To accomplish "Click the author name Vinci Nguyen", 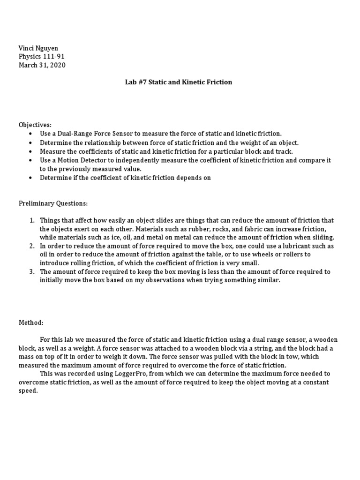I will (38, 48).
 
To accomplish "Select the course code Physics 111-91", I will (41, 57).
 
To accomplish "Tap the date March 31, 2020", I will (42, 65).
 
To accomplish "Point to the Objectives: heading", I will (35, 125).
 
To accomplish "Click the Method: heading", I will (31, 323).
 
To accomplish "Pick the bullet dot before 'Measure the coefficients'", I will (30, 151).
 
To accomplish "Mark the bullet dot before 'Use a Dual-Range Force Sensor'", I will (30, 134).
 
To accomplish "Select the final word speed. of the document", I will (28, 390).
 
